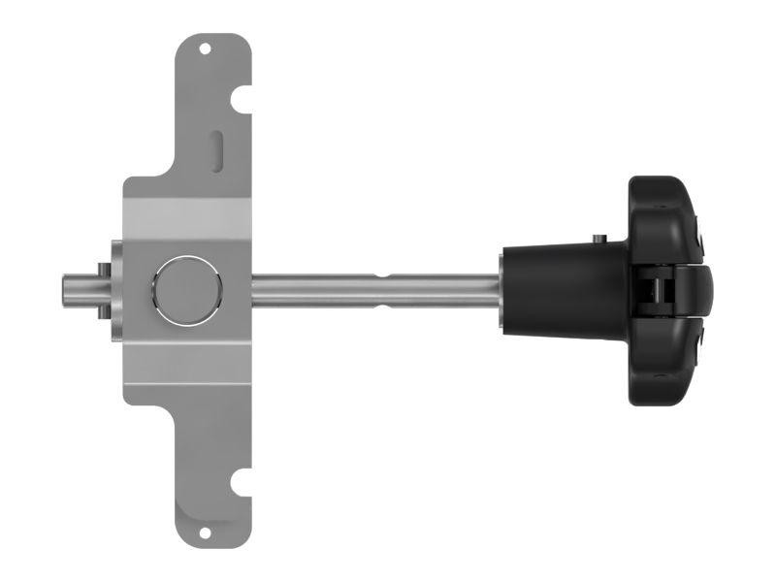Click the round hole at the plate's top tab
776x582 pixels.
tap(205, 47)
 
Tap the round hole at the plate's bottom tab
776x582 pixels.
tap(205, 532)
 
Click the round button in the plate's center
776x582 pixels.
tap(186, 289)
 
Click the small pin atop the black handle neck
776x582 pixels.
tap(600, 237)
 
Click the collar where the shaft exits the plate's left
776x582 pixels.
tap(114, 289)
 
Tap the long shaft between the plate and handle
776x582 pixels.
tap(320, 289)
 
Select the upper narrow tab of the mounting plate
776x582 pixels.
tap(213, 107)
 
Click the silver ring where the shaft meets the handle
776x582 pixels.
tap(499, 289)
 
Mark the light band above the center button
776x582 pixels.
tap(186, 212)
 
